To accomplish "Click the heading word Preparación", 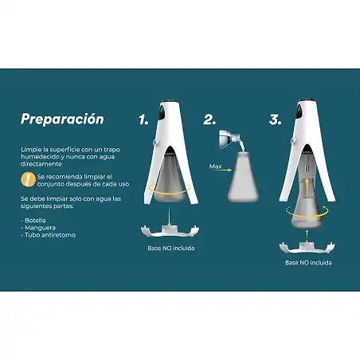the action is (x=62, y=119).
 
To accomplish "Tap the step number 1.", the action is (x=143, y=119).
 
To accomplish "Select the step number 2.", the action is (x=209, y=119).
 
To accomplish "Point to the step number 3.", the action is (x=275, y=119).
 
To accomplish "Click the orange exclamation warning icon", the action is (x=28, y=179).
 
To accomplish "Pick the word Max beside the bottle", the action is (x=215, y=166).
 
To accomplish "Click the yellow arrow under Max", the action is (x=221, y=170).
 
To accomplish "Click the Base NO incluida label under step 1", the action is (x=171, y=248).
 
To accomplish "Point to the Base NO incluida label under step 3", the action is (x=308, y=263).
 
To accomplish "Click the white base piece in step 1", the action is (x=170, y=231).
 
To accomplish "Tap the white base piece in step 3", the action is (x=307, y=248).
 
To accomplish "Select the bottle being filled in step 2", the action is (x=243, y=178).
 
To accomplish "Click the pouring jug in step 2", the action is (x=229, y=138).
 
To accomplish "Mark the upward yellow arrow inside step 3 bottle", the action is (x=307, y=191).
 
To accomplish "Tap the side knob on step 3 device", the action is (x=293, y=141).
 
